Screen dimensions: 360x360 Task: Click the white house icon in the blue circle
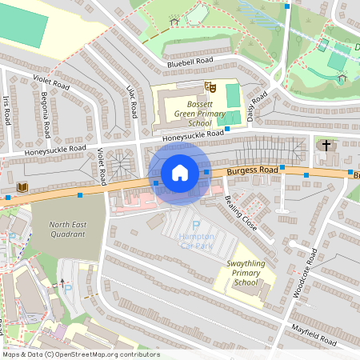(x=180, y=173)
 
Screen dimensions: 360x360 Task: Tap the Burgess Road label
(x=252, y=170)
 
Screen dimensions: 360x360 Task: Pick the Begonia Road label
(x=46, y=117)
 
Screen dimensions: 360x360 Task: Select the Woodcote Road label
(x=304, y=273)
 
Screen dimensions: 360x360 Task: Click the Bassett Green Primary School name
(x=189, y=112)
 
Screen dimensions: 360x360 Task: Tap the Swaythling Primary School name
(x=246, y=273)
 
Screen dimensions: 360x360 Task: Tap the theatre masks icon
(x=210, y=84)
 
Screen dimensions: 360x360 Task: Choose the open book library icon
(x=22, y=186)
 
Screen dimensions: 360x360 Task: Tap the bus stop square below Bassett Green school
(x=227, y=128)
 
